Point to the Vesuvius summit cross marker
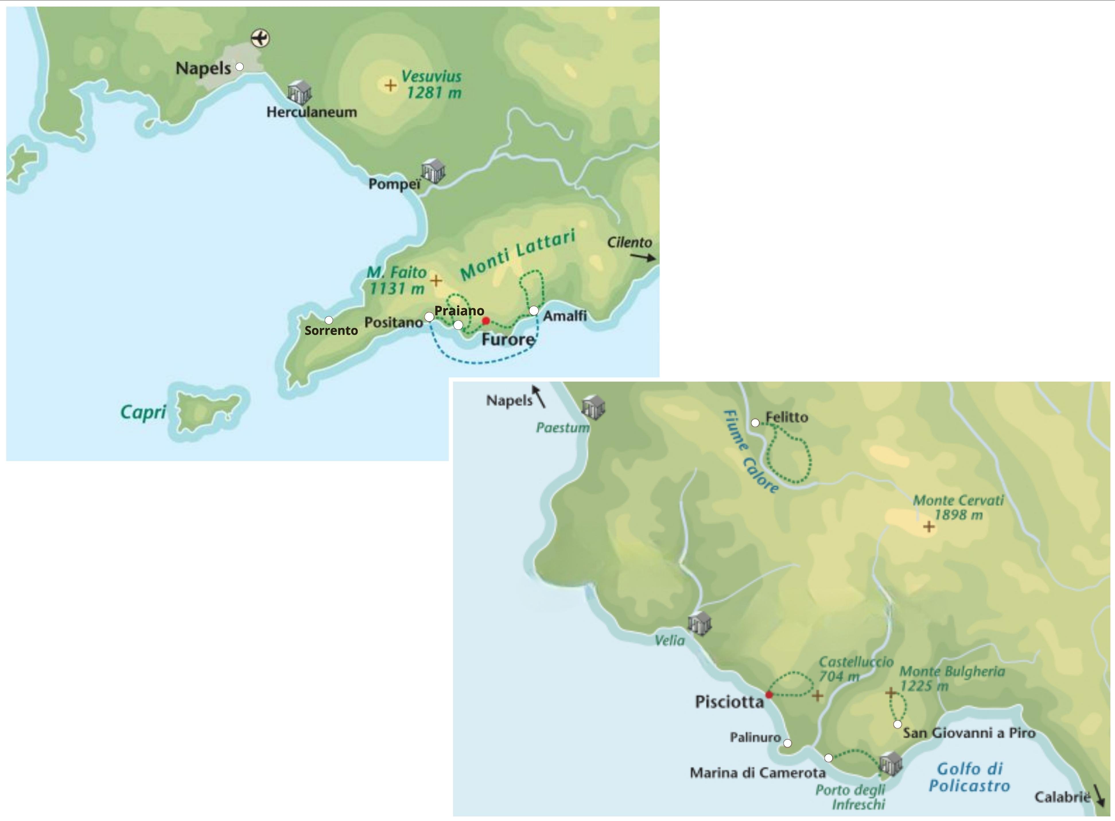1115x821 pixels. click(x=391, y=85)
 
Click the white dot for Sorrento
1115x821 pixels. click(x=329, y=320)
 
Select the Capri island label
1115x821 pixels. click(x=143, y=412)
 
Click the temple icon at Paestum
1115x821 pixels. click(x=594, y=408)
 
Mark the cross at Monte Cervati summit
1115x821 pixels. click(x=928, y=527)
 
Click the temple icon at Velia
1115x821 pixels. click(x=700, y=623)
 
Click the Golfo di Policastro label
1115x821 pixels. click(x=969, y=777)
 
